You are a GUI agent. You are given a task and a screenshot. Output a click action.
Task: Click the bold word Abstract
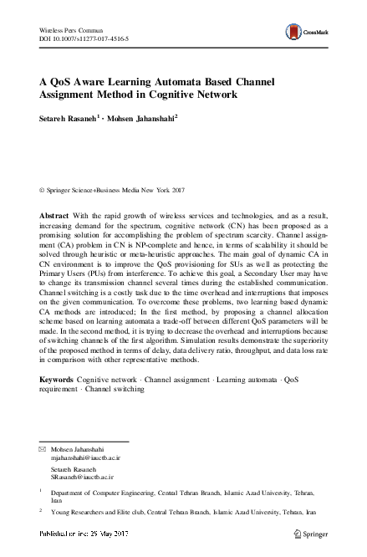click(x=55, y=216)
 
